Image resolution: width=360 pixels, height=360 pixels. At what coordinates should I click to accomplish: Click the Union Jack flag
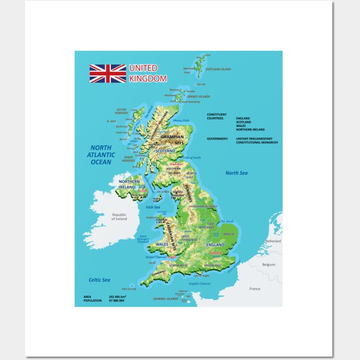point(107,74)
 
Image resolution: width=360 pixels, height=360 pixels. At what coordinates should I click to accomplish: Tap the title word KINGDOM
point(148,78)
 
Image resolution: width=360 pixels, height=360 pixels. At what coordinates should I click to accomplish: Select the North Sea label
point(237,173)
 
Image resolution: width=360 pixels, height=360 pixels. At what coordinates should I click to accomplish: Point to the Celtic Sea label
point(99,279)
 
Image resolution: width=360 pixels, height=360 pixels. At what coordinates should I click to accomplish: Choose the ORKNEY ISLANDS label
point(198,97)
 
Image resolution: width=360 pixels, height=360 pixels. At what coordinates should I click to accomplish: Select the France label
point(254,289)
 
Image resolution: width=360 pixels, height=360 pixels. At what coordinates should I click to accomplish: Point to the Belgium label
point(268,265)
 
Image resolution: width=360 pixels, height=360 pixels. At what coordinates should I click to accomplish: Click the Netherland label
point(273,241)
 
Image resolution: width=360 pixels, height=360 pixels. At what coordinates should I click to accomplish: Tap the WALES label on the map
point(163,245)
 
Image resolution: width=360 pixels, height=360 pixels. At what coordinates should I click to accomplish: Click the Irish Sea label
point(153,207)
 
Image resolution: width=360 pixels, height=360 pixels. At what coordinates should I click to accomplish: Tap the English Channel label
point(199,283)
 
